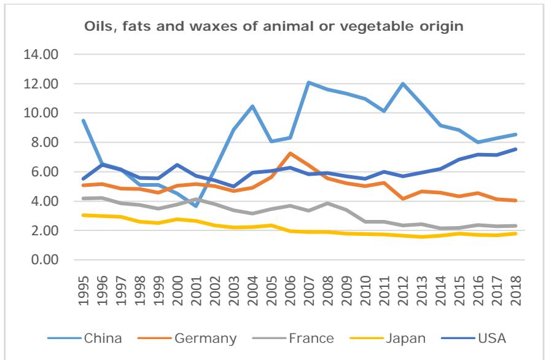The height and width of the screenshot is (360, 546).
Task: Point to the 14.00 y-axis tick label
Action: click(x=41, y=54)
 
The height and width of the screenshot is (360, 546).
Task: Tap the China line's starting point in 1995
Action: click(x=83, y=120)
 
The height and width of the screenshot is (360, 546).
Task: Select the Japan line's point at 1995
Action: click(x=83, y=215)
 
